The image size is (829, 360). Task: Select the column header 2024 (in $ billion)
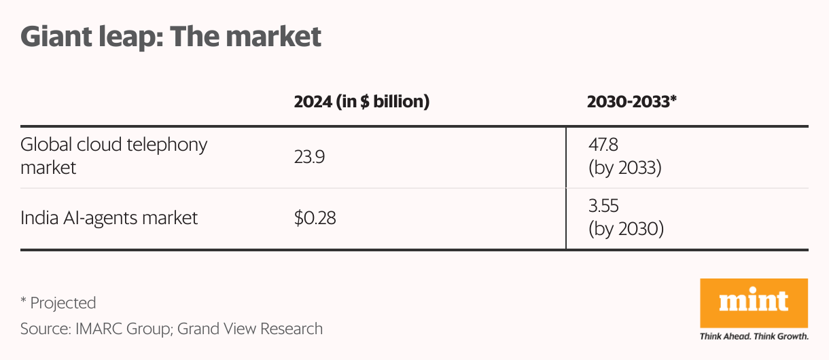pos(361,102)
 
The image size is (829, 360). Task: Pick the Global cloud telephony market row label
pos(113,156)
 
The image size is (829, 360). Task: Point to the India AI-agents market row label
pos(109,218)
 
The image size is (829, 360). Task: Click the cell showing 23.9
pos(310,156)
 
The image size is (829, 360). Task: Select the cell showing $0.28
pos(315,219)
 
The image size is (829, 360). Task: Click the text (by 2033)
pos(625,167)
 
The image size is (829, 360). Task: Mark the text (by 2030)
pos(626,230)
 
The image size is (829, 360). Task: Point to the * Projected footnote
pos(58,302)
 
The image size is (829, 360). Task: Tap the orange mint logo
pos(754,302)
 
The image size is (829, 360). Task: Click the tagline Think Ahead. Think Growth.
pos(754,336)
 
